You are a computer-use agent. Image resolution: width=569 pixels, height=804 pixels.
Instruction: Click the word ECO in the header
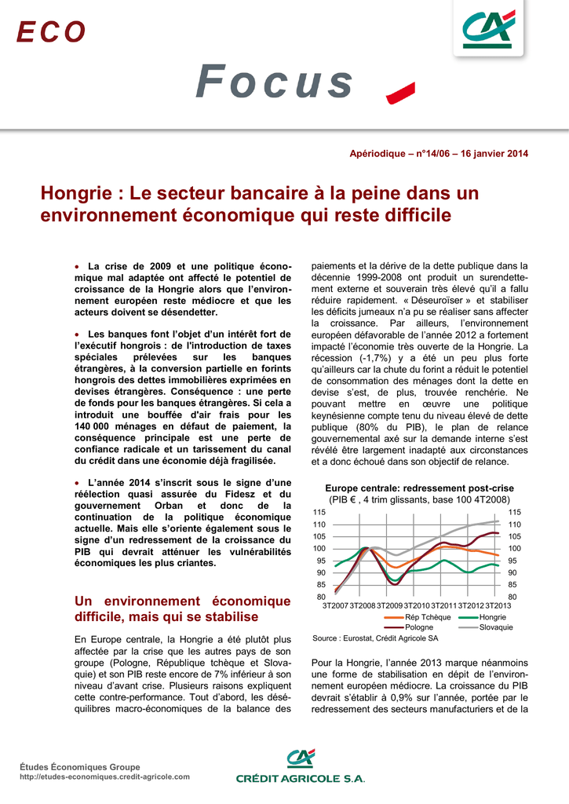(x=51, y=32)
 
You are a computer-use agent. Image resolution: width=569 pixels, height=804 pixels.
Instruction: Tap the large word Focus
(x=274, y=82)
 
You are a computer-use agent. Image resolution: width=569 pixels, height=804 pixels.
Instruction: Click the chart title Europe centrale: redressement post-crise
(x=420, y=488)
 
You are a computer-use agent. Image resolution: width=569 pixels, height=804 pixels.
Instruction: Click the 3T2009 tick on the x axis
(x=389, y=605)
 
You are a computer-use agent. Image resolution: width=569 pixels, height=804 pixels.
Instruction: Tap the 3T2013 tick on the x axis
(x=498, y=605)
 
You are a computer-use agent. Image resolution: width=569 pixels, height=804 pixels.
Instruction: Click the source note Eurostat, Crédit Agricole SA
(x=375, y=638)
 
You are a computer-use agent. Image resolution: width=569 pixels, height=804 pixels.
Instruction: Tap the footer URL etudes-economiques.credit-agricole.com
(x=104, y=777)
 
